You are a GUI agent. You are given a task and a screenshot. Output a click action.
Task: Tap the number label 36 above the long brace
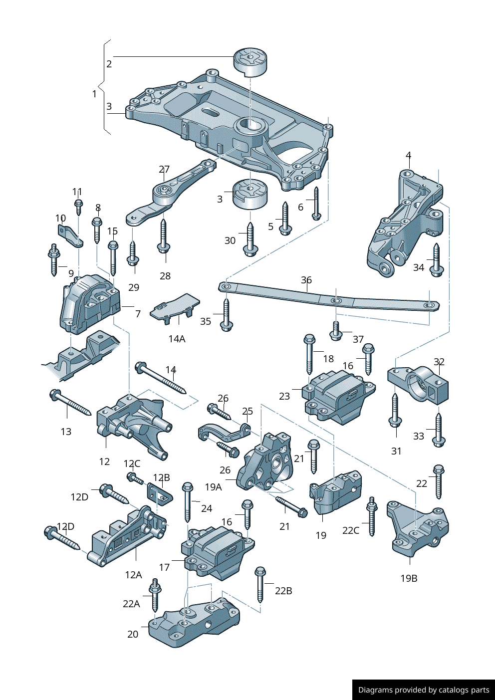coord(306,280)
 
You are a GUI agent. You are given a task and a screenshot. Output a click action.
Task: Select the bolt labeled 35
coord(227,314)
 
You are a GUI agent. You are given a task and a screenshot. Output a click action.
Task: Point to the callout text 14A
coord(177,339)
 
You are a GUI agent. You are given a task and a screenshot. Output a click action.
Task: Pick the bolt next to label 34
coord(437,259)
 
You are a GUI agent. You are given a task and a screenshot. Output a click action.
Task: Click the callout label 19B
coord(409,578)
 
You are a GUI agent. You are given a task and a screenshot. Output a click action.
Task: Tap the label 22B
coord(283,591)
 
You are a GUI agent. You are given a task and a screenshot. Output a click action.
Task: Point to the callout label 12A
coord(133,575)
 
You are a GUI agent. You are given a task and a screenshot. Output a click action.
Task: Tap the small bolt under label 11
coord(78,206)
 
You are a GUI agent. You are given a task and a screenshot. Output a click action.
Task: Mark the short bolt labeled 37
coord(336,331)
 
